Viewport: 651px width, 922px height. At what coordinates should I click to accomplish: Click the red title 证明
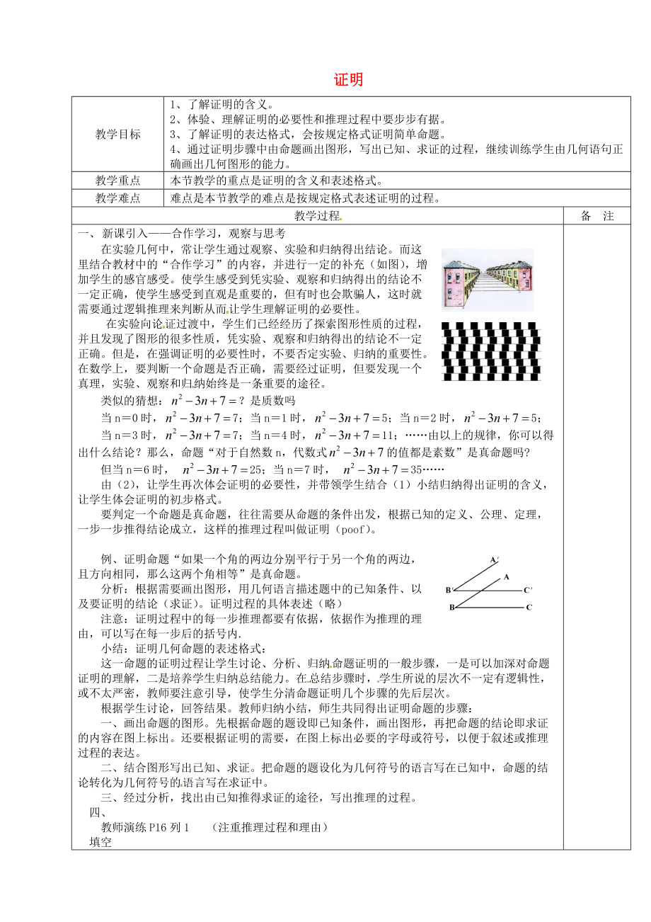click(x=348, y=80)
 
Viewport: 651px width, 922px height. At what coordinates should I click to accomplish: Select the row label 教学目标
click(x=118, y=134)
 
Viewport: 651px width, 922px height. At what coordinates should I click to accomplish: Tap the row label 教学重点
click(x=118, y=181)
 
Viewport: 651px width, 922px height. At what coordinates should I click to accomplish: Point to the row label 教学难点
click(x=118, y=198)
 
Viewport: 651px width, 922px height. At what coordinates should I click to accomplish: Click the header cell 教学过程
click(x=318, y=216)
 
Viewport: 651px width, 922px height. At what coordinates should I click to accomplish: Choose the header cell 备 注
click(x=597, y=216)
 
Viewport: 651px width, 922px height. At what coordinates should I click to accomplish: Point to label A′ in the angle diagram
click(x=493, y=560)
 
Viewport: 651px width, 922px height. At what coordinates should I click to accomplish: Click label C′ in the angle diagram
click(x=528, y=590)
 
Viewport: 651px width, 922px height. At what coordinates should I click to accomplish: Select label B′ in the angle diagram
click(x=449, y=590)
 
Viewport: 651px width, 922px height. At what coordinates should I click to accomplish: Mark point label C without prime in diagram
click(x=528, y=607)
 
